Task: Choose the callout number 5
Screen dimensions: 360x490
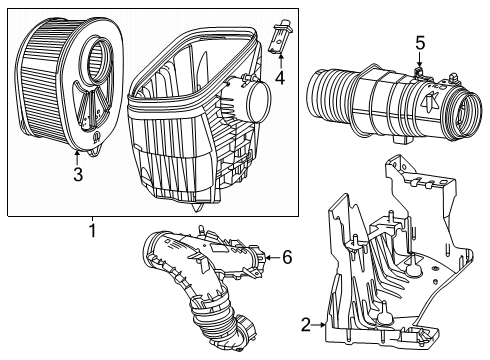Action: click(x=421, y=43)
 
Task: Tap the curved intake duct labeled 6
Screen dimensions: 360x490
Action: click(x=210, y=280)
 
